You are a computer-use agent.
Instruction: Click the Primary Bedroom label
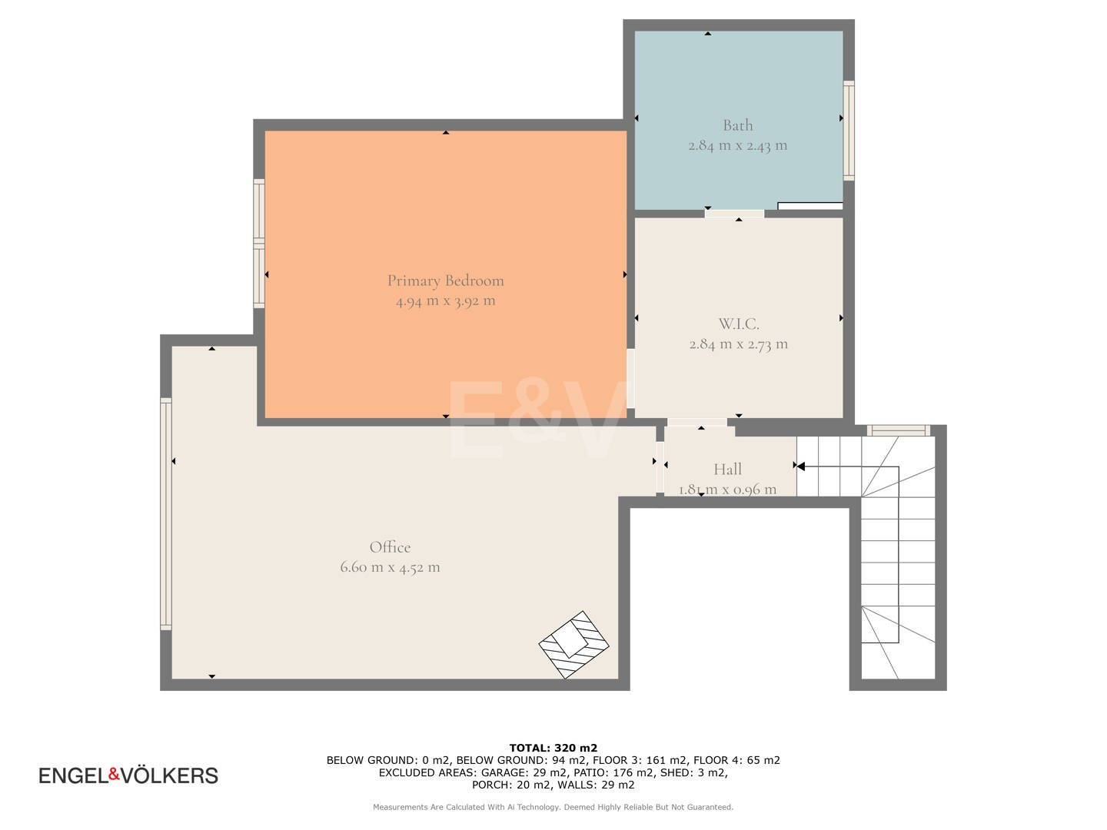[445, 281]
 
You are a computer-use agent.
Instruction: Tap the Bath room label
[737, 125]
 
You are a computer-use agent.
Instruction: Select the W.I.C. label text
[738, 324]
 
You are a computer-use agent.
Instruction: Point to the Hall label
[727, 469]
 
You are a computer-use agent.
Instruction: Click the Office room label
[390, 546]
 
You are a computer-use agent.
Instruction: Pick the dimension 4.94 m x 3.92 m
[445, 301]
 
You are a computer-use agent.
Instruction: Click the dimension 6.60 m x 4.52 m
[390, 567]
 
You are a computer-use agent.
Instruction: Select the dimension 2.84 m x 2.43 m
[737, 146]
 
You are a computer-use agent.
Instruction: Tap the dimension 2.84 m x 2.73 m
[738, 344]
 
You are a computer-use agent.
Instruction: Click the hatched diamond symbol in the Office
[573, 645]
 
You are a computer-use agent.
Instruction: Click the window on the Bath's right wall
[849, 131]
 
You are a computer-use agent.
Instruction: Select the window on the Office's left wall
[166, 513]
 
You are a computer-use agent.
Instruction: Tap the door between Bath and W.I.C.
[734, 214]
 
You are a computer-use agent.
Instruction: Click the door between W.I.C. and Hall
[697, 422]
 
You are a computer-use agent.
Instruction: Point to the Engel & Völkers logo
[128, 775]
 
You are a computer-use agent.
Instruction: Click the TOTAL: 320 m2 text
[553, 748]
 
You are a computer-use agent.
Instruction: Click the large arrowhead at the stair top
[800, 466]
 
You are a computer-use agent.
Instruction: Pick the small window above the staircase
[898, 430]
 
